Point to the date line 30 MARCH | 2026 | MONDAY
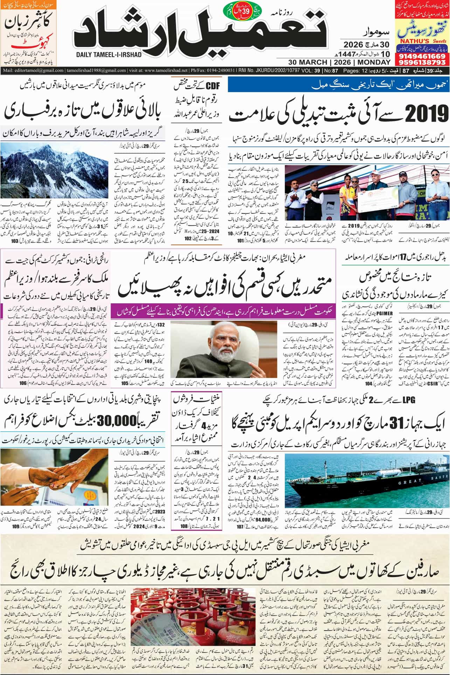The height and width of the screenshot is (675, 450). click(339, 62)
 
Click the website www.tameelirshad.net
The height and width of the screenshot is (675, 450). click(164, 70)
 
